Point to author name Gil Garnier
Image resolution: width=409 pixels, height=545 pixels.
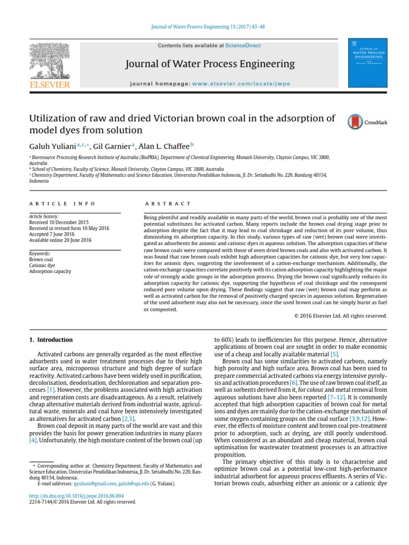(113, 145)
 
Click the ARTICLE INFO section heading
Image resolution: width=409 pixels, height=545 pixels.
(62, 204)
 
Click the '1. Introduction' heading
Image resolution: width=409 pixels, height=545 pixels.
(51, 340)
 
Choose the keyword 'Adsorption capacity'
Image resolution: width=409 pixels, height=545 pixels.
(50, 271)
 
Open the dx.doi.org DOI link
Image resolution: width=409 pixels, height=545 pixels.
(71, 496)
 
